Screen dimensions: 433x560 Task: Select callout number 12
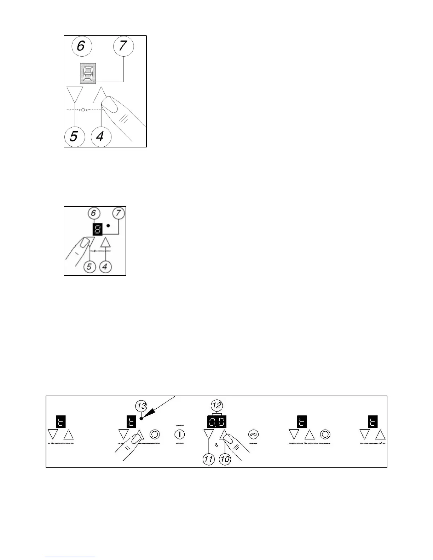tap(216, 406)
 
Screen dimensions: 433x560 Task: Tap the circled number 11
tap(208, 459)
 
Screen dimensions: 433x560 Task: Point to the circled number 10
tap(225, 459)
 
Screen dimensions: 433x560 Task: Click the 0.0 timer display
tap(216, 422)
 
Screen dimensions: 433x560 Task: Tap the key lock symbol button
tap(253, 434)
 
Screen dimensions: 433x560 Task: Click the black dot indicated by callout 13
tap(141, 419)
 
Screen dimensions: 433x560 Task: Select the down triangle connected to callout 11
tap(209, 434)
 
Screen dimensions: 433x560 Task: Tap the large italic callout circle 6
tap(81, 46)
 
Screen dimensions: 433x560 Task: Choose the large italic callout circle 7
tap(123, 46)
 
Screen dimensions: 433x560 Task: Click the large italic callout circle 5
tap(74, 136)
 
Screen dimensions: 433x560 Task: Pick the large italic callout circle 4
tap(101, 136)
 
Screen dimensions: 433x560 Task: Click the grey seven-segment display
tap(88, 74)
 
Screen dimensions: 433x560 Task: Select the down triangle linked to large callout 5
tap(75, 93)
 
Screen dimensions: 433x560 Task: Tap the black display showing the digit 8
tap(97, 229)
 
